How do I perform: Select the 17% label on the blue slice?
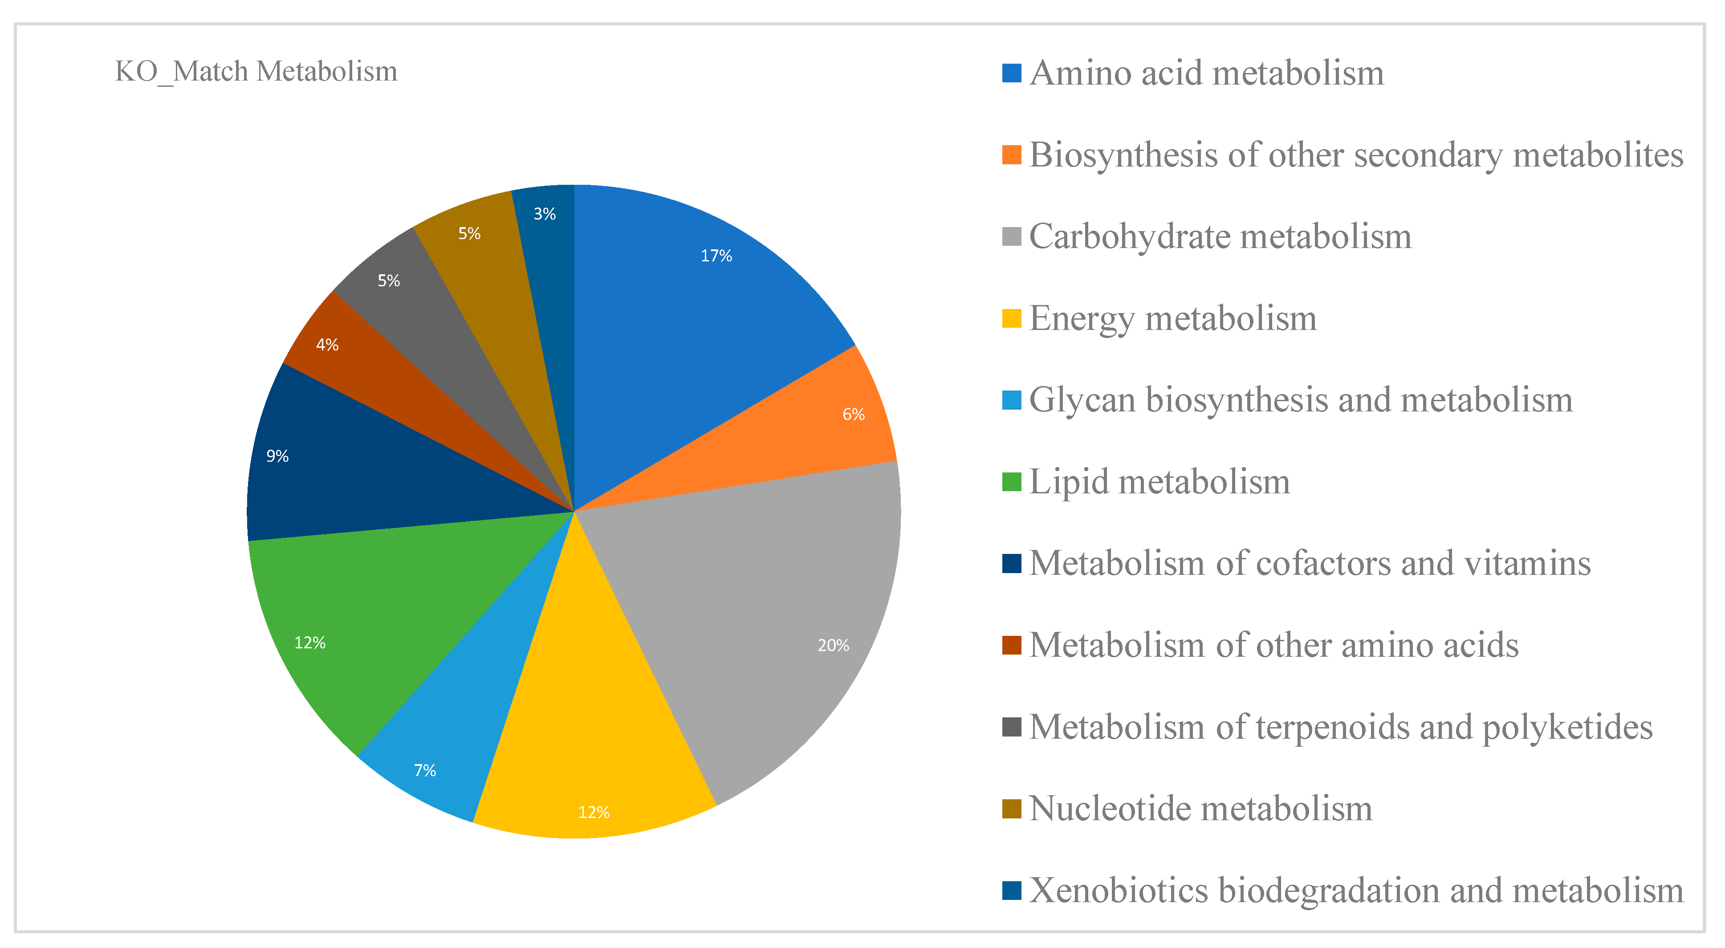(x=716, y=256)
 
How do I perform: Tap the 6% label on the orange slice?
(x=853, y=415)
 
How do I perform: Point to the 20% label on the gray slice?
(x=833, y=645)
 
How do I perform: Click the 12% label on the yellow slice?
(x=593, y=812)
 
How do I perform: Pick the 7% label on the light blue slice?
(x=424, y=771)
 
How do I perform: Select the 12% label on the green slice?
(x=309, y=643)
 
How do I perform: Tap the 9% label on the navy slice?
(x=277, y=456)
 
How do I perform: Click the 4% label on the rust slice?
(x=327, y=345)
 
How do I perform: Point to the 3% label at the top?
(x=545, y=214)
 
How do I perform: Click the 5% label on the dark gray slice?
(x=388, y=281)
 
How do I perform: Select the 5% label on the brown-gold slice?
(x=469, y=234)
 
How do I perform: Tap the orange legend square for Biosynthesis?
(x=1011, y=155)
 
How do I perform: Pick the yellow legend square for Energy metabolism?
(x=1011, y=318)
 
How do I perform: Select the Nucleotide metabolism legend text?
(x=1200, y=808)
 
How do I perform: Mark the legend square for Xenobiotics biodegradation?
(x=1011, y=891)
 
